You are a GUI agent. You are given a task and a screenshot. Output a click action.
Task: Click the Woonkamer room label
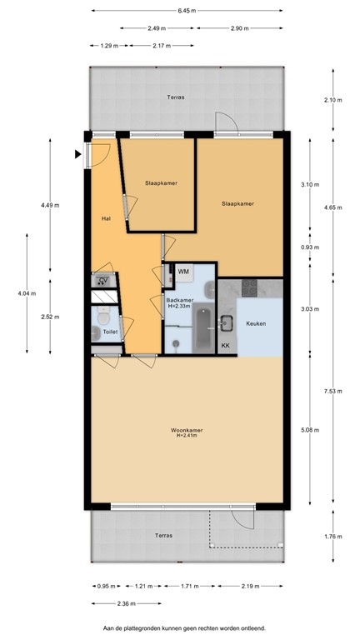(190, 430)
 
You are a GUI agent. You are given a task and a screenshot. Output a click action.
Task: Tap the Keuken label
(256, 323)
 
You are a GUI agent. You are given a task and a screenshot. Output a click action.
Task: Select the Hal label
(106, 219)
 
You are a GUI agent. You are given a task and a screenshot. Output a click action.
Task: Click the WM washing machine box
(183, 272)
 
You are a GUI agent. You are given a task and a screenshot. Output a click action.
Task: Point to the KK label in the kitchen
(225, 346)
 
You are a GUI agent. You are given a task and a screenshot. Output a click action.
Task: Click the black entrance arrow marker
(77, 153)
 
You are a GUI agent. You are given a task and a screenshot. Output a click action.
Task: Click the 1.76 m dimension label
(333, 536)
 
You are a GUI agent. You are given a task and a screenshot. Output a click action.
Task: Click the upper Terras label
(175, 97)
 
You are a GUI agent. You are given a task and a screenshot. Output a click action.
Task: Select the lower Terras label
(163, 535)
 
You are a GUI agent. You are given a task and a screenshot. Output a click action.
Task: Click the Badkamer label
(180, 300)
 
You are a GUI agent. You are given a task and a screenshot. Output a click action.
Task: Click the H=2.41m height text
(191, 437)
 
